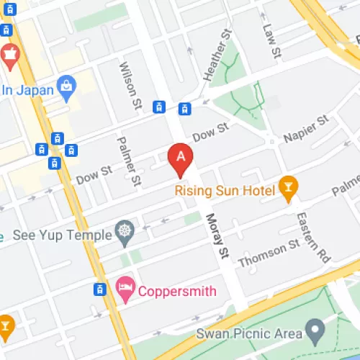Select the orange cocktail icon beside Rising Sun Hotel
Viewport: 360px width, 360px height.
(x=288, y=188)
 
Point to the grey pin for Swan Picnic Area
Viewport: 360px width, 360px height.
(x=314, y=332)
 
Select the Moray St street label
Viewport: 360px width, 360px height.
(x=216, y=237)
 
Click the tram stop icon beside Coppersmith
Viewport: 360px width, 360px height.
(x=100, y=289)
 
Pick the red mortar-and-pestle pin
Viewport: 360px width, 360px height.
(x=10, y=53)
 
